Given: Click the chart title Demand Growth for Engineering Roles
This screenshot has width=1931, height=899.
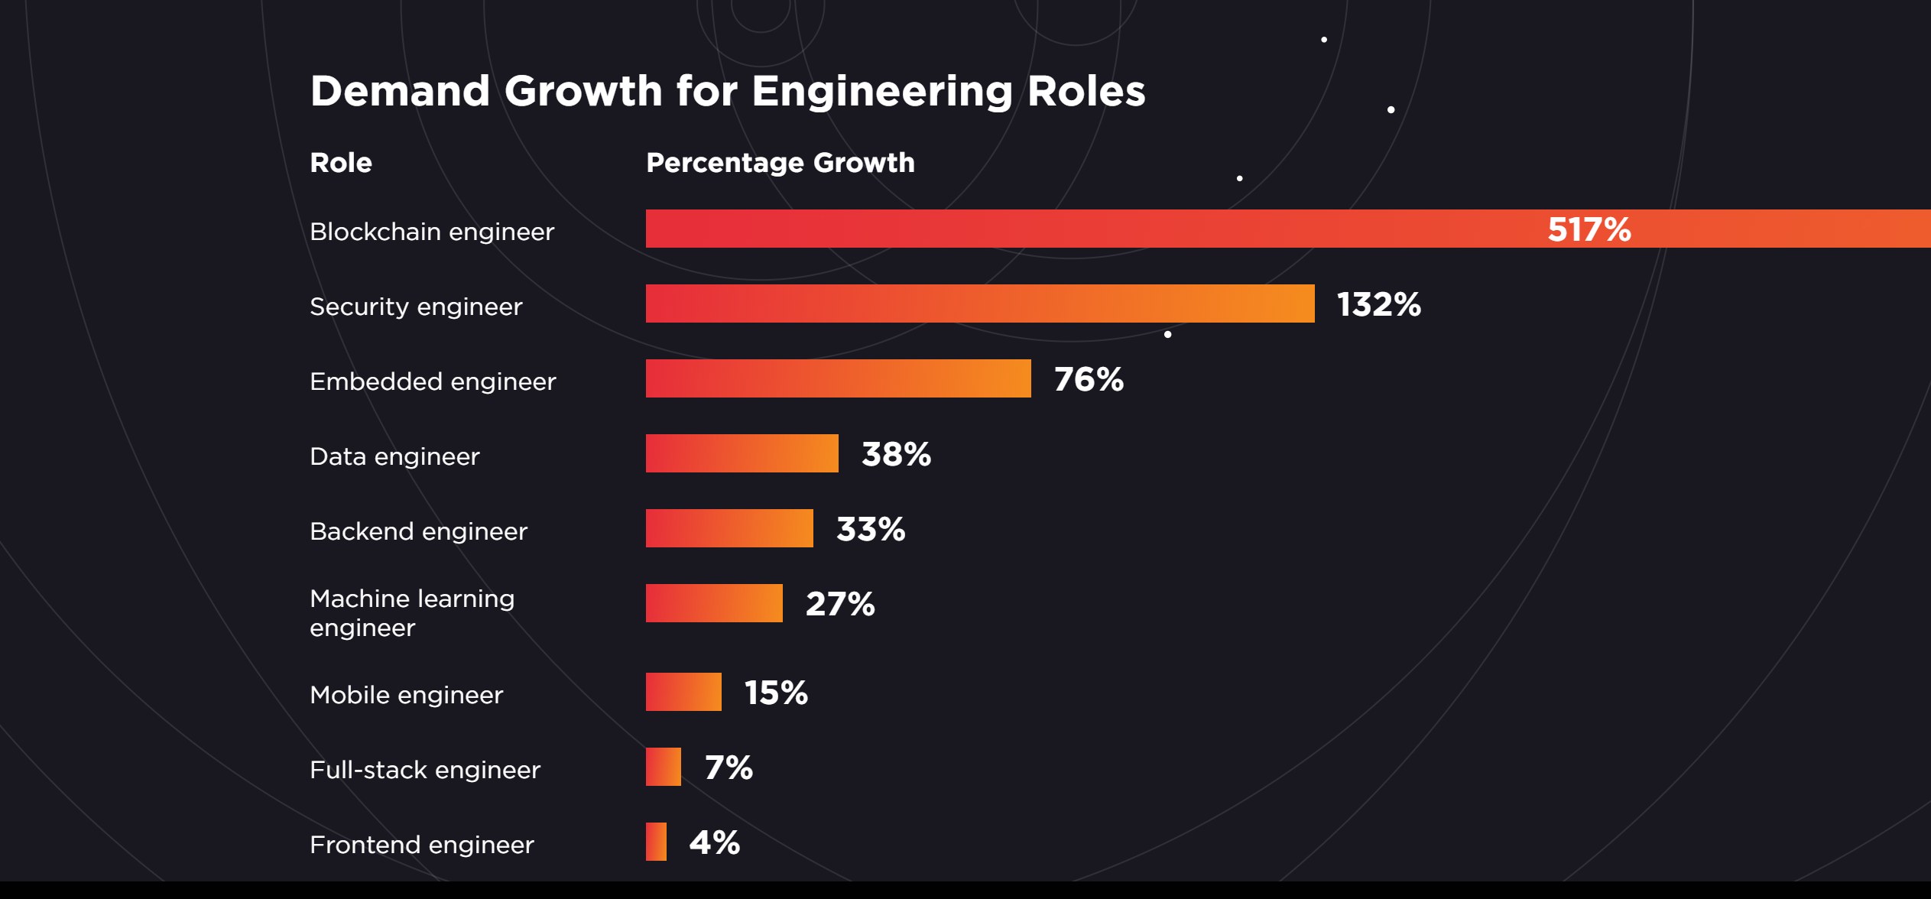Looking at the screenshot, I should tap(727, 91).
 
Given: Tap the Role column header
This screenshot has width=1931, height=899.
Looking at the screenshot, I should tap(341, 163).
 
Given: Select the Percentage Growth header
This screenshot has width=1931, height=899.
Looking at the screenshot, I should tap(780, 163).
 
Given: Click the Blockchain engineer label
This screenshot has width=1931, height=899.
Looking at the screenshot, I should tap(431, 232).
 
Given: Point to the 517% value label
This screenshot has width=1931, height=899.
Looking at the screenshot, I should tap(1589, 229).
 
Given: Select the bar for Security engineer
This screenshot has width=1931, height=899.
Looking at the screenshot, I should tap(979, 303).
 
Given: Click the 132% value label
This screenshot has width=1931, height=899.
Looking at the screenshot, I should tap(1378, 304).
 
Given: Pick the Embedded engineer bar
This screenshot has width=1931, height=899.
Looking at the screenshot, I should tap(838, 378).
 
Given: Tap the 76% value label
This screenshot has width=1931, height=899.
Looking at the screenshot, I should tap(1089, 379).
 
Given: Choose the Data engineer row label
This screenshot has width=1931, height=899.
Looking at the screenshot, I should tap(394, 456).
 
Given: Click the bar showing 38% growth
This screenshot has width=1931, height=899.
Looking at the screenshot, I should tap(742, 453).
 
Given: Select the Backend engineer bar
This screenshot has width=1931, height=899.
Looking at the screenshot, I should tap(729, 528).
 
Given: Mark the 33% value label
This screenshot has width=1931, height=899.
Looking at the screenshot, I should tap(871, 529).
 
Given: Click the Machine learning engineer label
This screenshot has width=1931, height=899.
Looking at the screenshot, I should tap(412, 612).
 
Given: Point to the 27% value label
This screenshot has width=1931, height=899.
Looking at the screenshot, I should tap(840, 604).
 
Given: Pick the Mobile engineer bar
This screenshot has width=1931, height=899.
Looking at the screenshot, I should tap(683, 692).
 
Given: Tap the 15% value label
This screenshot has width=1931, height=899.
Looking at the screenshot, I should tap(776, 693).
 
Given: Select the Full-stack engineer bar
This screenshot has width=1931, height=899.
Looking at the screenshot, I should tap(663, 767).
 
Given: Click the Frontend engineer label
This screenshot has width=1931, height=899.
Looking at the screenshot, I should tap(421, 845).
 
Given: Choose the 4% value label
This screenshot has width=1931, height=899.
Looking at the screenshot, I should tap(714, 842).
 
